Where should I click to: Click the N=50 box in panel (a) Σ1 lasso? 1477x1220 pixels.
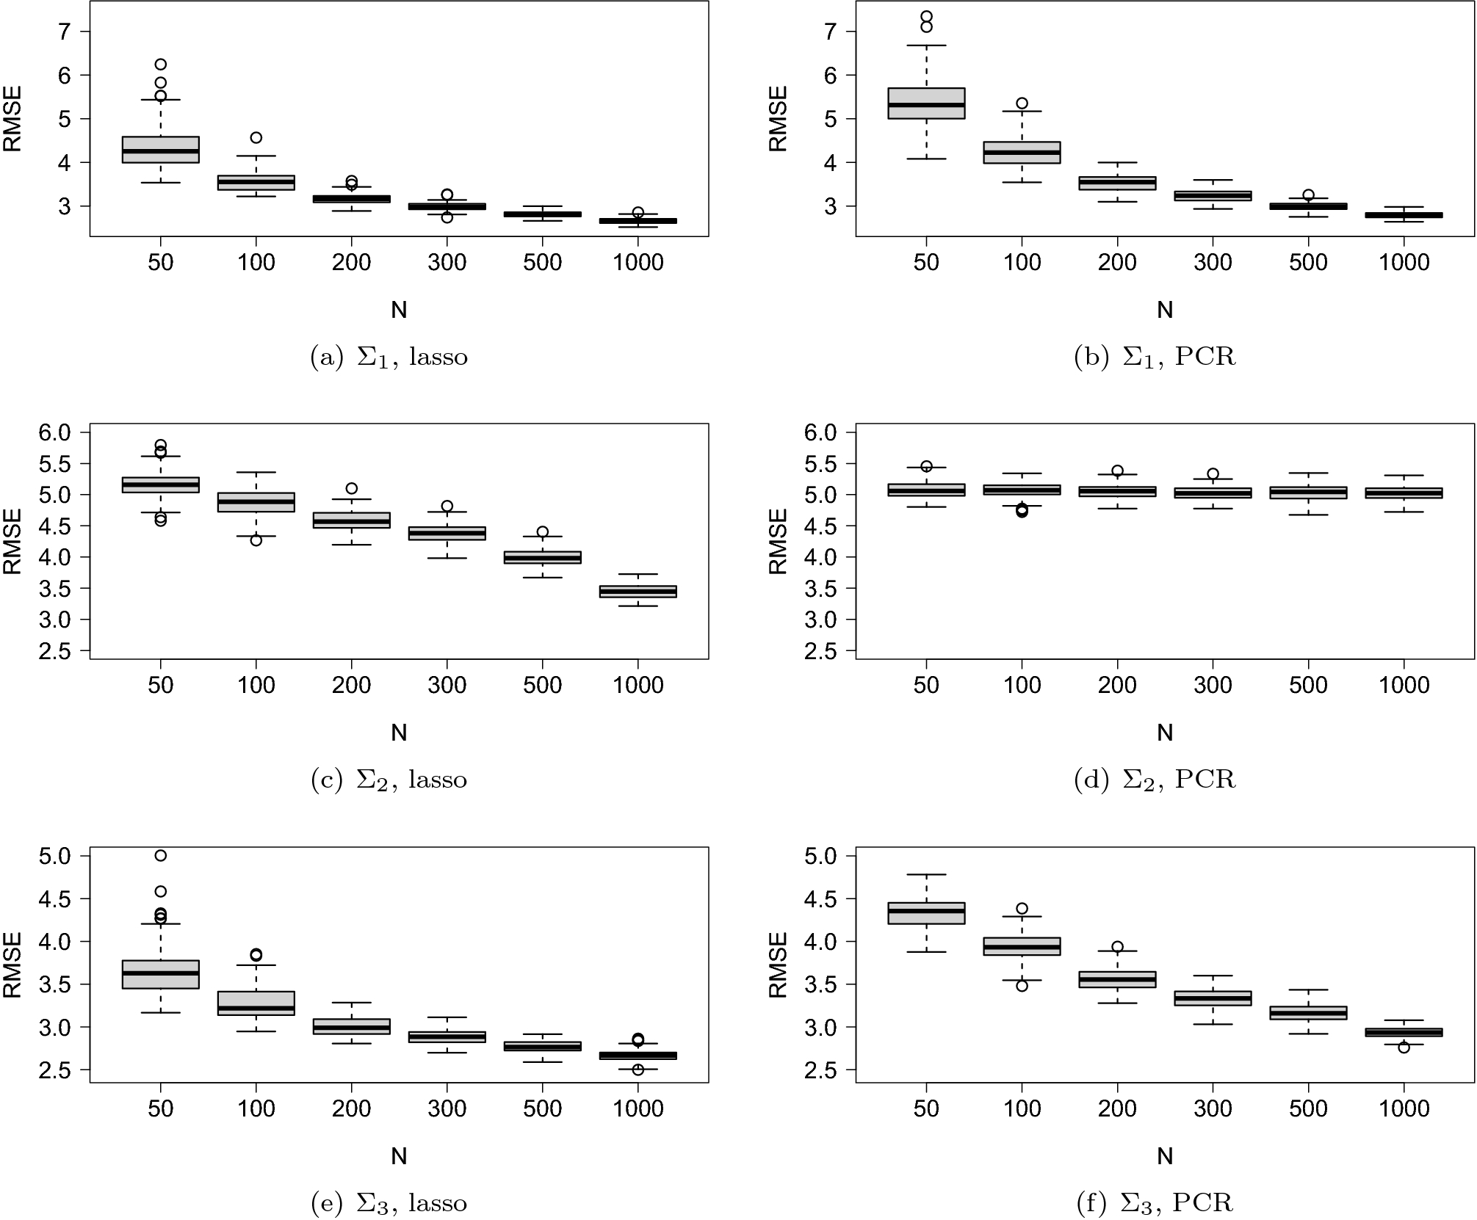(x=160, y=150)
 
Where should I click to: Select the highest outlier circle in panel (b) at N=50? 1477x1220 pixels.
(x=926, y=16)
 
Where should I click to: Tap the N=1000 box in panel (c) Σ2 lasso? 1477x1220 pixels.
(x=638, y=591)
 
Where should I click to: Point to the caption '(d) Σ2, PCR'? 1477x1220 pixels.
(x=1155, y=780)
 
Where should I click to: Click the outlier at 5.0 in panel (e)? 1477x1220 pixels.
(x=160, y=855)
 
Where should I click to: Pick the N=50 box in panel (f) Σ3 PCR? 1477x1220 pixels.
(x=926, y=913)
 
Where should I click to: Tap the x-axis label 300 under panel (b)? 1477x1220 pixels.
(x=1213, y=263)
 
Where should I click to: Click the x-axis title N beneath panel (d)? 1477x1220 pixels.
(x=1165, y=733)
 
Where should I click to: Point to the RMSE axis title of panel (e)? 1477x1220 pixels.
(x=13, y=965)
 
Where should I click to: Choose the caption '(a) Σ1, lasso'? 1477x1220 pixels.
(x=389, y=357)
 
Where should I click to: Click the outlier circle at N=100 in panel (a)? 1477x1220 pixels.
(x=256, y=137)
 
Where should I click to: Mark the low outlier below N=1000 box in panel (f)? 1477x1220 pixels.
(x=1404, y=1047)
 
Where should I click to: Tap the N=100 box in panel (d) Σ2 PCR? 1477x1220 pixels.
(x=1022, y=490)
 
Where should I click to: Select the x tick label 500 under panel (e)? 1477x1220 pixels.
(x=542, y=1108)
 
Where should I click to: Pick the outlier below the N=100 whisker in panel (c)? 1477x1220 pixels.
(x=256, y=540)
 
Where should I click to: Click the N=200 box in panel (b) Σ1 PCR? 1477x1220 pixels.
(x=1117, y=183)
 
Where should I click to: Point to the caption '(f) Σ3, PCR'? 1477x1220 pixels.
(x=1155, y=1202)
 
